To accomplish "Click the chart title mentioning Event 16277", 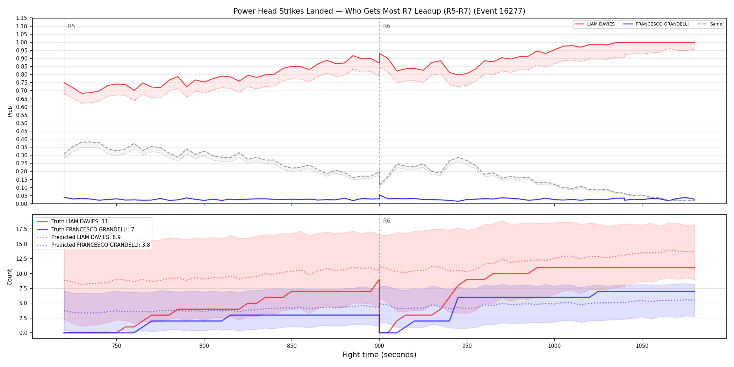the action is pos(379,11).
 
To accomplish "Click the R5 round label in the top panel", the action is pos(71,26).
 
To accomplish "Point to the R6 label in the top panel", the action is pos(387,26).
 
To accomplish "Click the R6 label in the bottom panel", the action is pos(387,221).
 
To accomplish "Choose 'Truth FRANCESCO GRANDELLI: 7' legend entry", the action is pos(93,229).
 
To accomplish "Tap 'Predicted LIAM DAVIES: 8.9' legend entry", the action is pos(86,237).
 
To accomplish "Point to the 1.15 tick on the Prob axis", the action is pos(21,18).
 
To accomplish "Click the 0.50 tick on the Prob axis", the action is pos(21,123).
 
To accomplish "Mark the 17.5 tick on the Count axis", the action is pos(21,229).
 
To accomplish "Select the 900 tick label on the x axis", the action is pos(379,346).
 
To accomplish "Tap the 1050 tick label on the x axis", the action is pos(642,346).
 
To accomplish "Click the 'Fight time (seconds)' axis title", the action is pos(379,355).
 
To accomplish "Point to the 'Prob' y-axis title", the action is pos(10,111).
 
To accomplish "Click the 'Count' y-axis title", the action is pos(9,277).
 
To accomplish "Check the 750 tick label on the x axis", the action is pos(116,346).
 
